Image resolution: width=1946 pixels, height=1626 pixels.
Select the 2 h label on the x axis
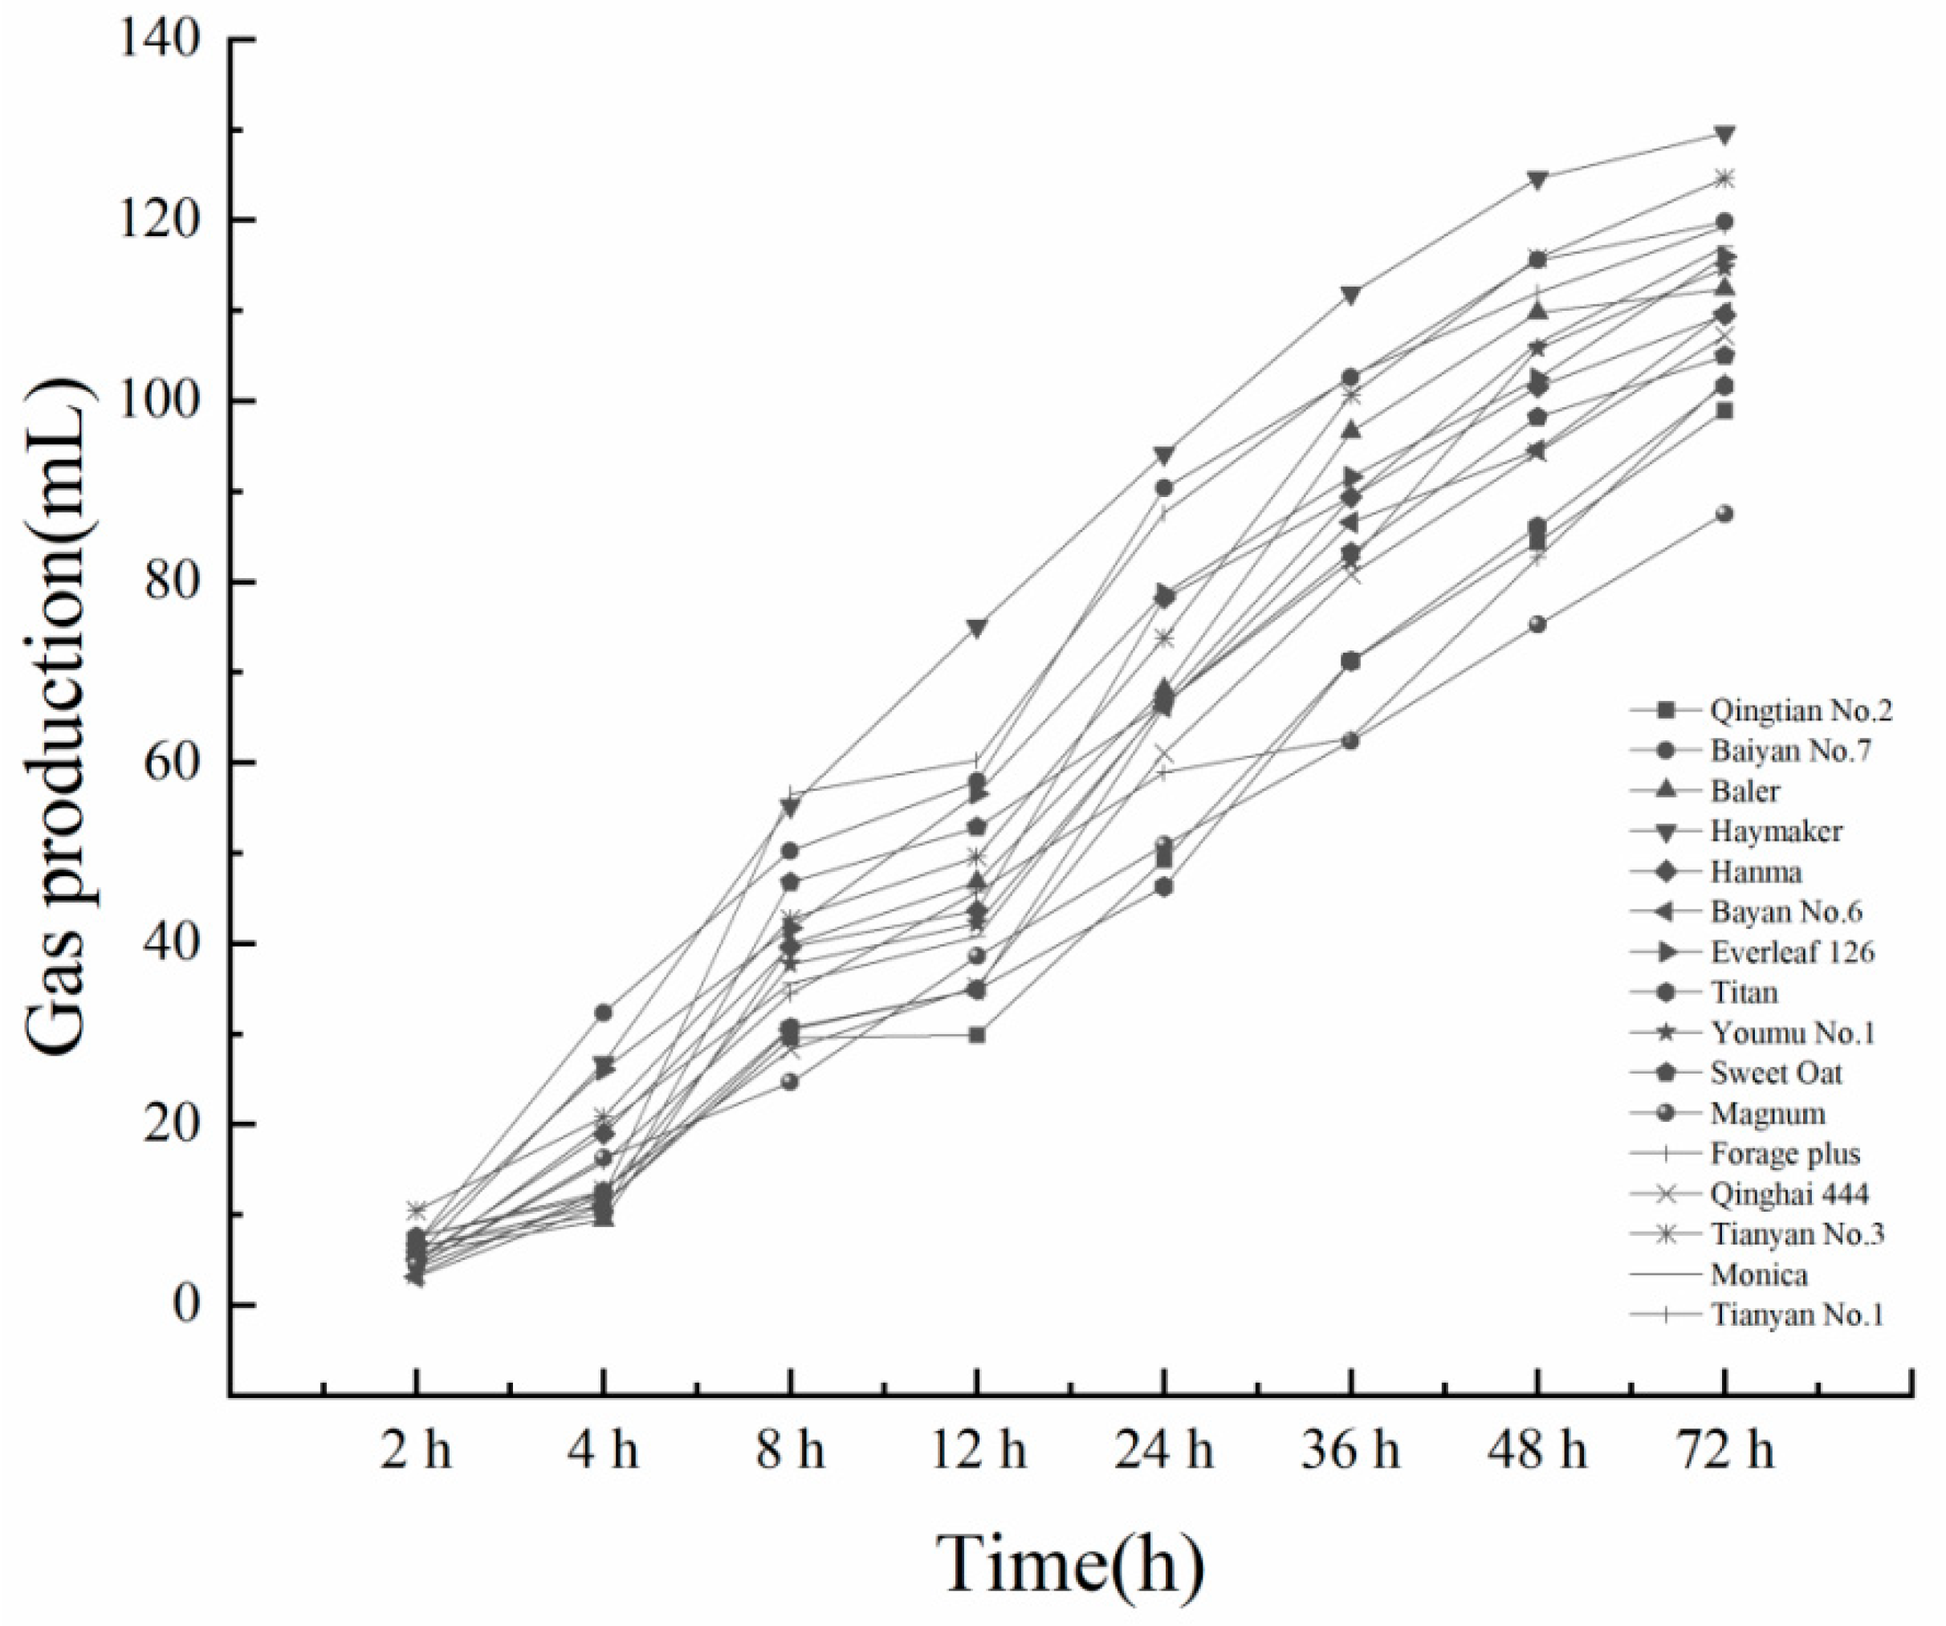(x=416, y=1451)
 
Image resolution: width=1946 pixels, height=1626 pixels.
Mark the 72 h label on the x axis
(x=1724, y=1451)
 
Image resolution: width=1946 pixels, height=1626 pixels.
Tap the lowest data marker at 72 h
(x=1724, y=514)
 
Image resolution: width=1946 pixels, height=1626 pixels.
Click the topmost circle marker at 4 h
(x=603, y=1013)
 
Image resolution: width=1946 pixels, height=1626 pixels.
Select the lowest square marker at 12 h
(x=977, y=1034)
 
